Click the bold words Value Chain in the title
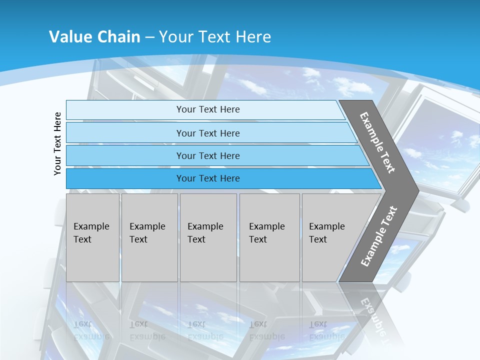[94, 37]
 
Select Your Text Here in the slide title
[215, 37]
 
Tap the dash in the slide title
[149, 37]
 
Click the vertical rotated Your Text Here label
[57, 143]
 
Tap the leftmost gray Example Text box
[92, 237]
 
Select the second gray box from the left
[149, 237]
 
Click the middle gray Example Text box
[208, 237]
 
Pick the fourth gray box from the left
[269, 237]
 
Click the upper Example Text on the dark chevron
[377, 142]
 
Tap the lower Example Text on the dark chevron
[379, 236]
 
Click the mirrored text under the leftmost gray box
[91, 330]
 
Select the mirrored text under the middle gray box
[205, 330]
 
